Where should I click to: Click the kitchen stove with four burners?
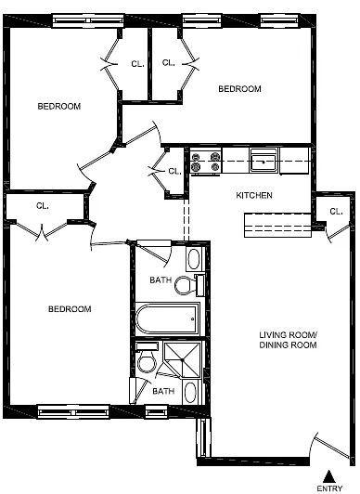(206, 162)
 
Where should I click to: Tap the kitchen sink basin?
(264, 162)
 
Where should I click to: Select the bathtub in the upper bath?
(168, 318)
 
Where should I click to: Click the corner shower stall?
(182, 359)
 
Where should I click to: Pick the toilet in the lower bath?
(147, 358)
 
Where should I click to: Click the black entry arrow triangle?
(328, 476)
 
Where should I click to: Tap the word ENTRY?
(329, 488)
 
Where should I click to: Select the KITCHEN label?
(254, 195)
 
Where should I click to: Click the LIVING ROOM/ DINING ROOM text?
(288, 340)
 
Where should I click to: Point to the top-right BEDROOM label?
(239, 89)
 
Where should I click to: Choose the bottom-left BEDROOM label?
(70, 309)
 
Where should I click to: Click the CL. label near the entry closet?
(336, 212)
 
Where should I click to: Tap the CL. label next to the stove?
(174, 172)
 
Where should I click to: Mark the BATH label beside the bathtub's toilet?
(161, 279)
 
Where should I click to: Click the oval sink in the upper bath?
(194, 259)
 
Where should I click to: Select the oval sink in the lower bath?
(190, 392)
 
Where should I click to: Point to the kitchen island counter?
(277, 226)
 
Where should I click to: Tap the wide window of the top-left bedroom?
(88, 20)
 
